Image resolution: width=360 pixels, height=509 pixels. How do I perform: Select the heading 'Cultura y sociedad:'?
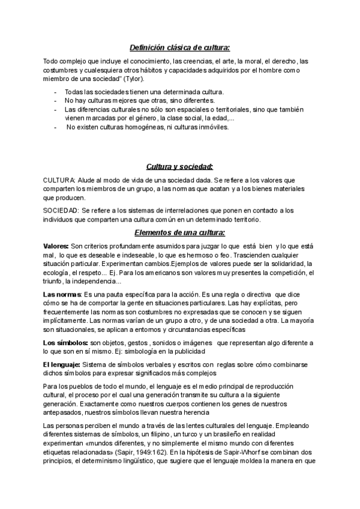click(180, 166)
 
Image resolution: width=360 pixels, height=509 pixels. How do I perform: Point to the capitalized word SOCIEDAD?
click(61, 211)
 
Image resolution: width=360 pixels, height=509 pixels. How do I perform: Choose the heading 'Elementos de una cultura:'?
click(180, 232)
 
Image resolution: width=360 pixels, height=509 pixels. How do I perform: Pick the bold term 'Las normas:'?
click(62, 294)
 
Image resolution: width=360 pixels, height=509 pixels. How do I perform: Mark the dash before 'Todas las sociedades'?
click(56, 92)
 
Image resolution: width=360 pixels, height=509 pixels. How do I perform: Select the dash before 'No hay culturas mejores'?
click(56, 100)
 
